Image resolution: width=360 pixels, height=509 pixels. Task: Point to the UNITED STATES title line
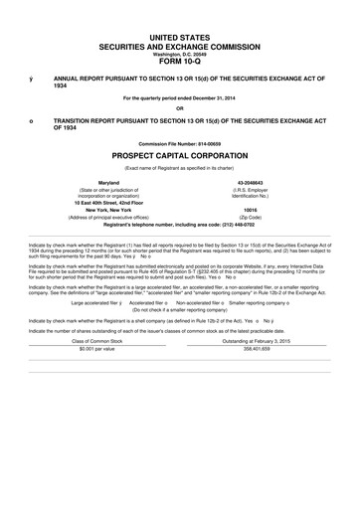pyautogui.click(x=180, y=36)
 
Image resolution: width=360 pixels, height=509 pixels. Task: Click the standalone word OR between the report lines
pyautogui.click(x=180, y=108)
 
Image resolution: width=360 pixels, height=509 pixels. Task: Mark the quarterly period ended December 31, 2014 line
pyautogui.click(x=180, y=97)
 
